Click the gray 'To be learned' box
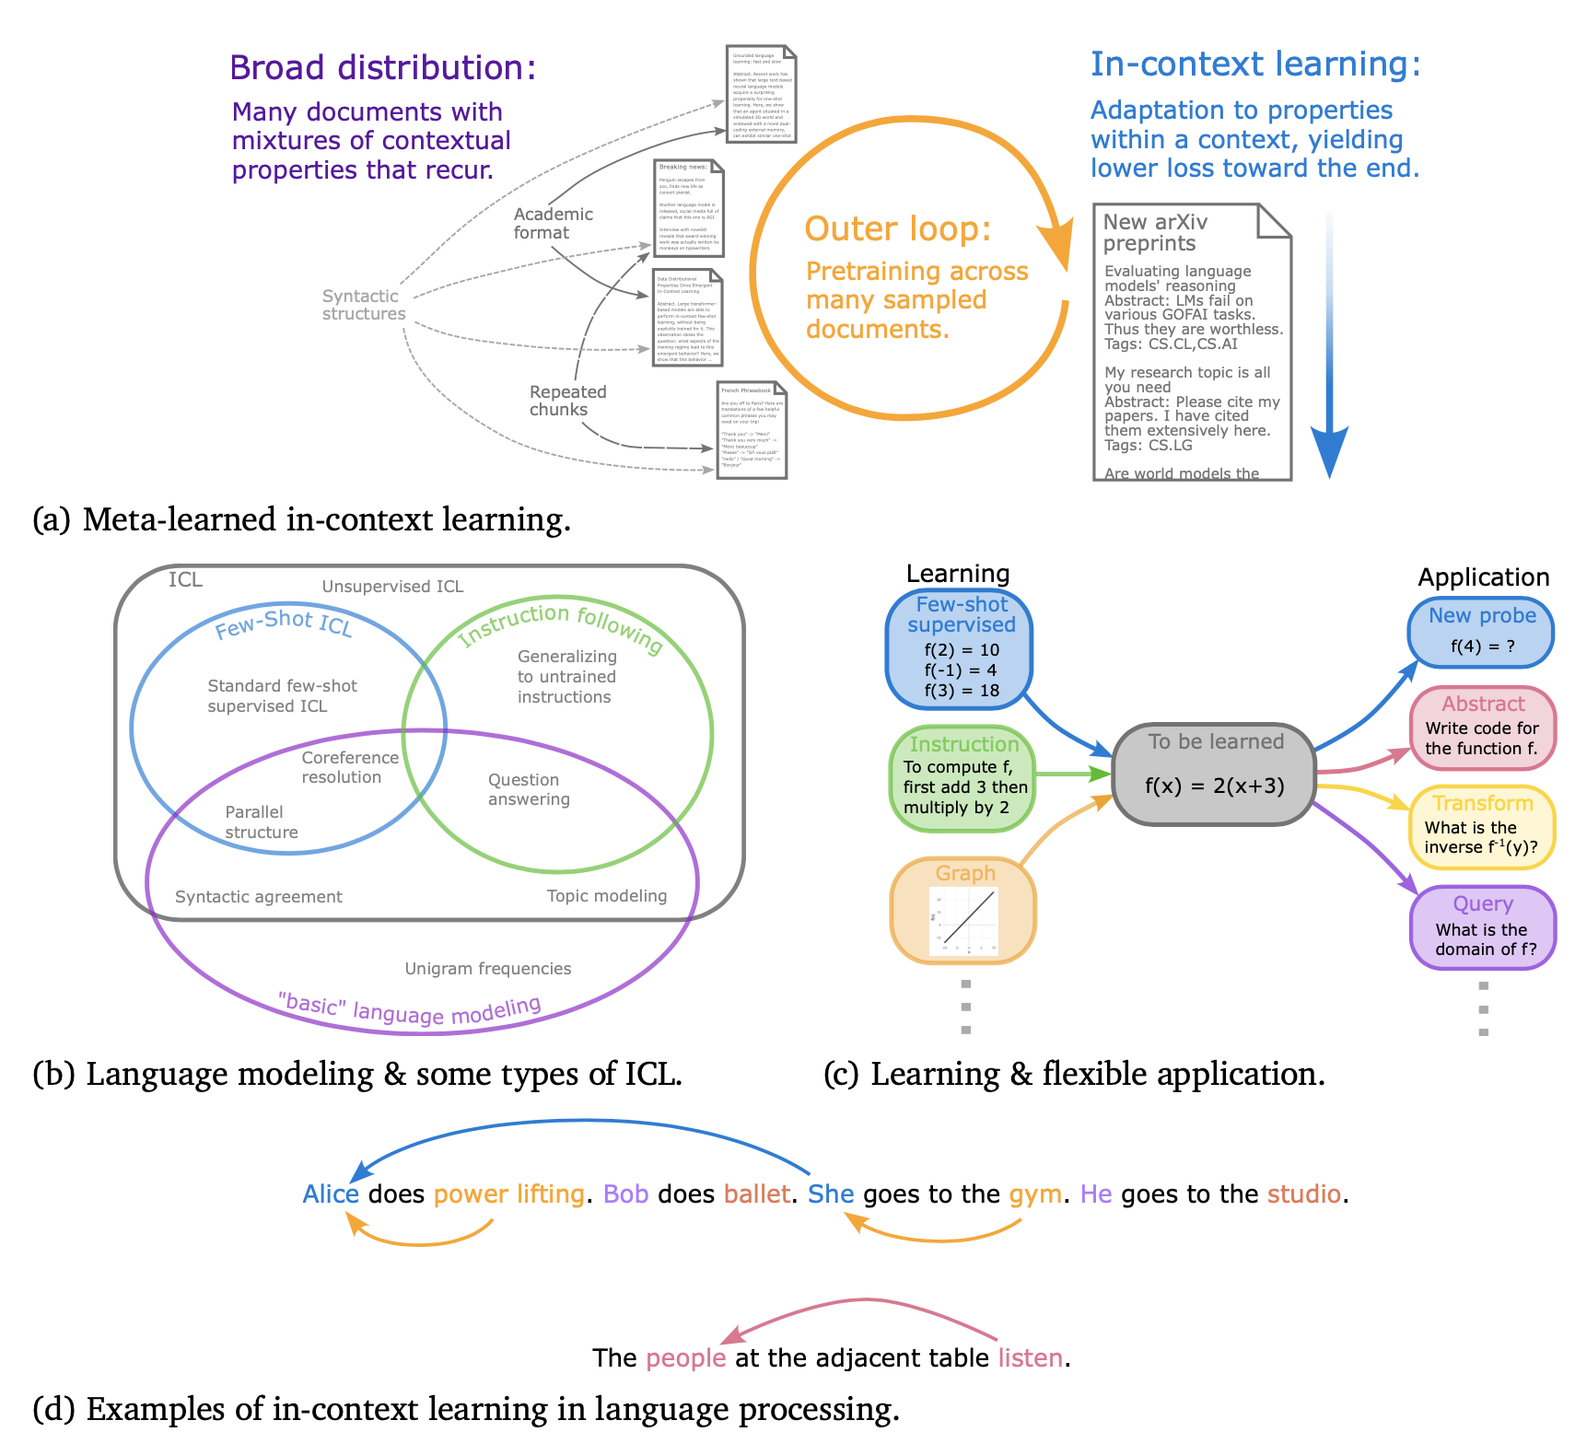coord(1214,774)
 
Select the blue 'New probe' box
coord(1481,632)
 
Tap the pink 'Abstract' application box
coord(1482,728)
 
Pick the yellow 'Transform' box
coord(1482,826)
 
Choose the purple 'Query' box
coord(1482,927)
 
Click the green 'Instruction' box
coord(963,778)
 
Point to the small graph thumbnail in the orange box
coord(963,921)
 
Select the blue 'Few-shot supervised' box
coord(960,649)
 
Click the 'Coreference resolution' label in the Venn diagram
coord(350,767)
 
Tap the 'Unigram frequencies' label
coord(488,969)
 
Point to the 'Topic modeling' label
coord(606,896)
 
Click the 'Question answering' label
coord(529,789)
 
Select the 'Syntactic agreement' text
coord(258,897)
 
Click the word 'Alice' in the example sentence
coord(331,1194)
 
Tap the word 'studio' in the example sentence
coord(1304,1194)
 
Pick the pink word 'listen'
coord(1031,1358)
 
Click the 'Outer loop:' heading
coord(897,228)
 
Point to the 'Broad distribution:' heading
coord(382,68)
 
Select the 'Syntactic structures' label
coord(363,305)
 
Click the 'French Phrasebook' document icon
coord(752,430)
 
